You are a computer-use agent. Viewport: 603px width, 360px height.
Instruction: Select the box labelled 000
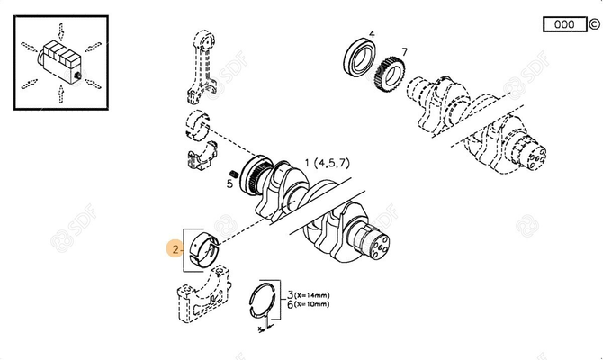point(562,25)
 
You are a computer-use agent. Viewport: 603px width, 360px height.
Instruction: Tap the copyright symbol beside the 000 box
point(593,25)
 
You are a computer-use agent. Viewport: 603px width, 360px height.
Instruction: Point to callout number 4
point(373,34)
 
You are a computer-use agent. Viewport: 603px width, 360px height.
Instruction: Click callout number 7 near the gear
point(404,52)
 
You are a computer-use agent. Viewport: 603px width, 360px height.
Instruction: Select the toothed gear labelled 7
point(391,73)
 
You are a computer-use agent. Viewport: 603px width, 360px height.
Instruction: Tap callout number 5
point(229,184)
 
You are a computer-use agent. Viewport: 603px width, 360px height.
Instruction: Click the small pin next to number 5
point(236,171)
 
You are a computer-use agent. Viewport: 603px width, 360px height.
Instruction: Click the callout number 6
point(291,304)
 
